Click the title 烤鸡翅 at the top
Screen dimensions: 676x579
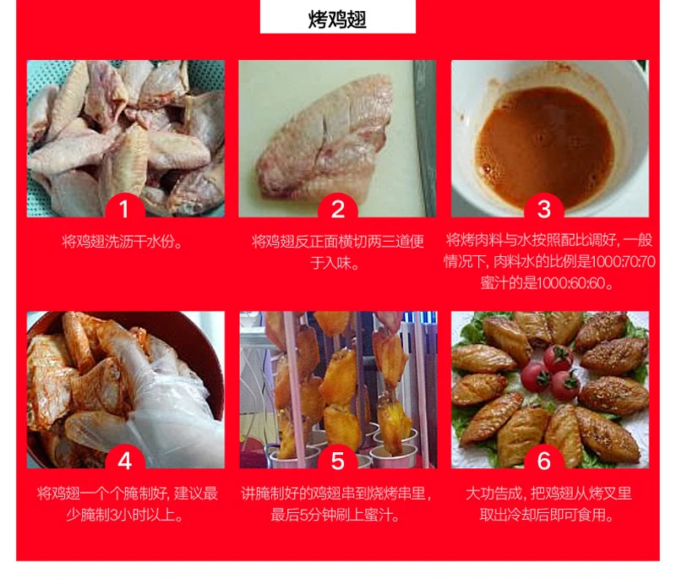(x=337, y=19)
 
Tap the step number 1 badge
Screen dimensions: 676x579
(x=124, y=208)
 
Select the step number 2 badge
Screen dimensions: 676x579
(x=337, y=208)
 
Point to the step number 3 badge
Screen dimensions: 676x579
(x=544, y=208)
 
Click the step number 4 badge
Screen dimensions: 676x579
(x=124, y=460)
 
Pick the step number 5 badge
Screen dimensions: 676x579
(x=337, y=460)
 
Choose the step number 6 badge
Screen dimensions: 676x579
(x=544, y=460)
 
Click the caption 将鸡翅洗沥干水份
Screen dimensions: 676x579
(x=122, y=242)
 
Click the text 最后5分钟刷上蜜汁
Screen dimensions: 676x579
(x=335, y=515)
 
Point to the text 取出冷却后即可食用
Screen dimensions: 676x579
(x=546, y=515)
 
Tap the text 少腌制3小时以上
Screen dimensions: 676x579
(x=125, y=515)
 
